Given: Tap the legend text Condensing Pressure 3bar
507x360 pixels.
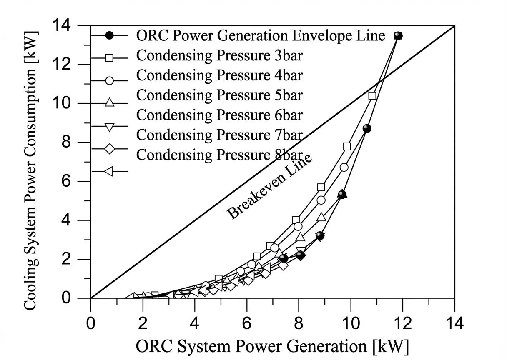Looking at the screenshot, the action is point(220,55).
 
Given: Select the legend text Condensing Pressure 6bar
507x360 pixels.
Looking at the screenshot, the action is point(220,115).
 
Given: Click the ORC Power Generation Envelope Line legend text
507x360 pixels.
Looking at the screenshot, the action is point(261,35).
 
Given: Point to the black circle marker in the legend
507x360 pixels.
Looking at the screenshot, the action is point(109,35).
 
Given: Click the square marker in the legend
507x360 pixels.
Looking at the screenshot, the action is point(109,58).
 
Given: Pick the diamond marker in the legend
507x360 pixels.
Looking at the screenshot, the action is point(109,149).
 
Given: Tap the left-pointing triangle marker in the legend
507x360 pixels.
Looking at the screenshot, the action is point(109,171).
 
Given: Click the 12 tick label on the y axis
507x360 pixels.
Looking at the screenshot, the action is point(62,65).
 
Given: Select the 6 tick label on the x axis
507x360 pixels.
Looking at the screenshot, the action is point(247,324).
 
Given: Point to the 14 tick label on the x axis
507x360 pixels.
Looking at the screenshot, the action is point(454,324).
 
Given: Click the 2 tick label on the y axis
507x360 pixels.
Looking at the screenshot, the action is point(66,259).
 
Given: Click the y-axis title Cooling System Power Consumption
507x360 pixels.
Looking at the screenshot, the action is point(30,170).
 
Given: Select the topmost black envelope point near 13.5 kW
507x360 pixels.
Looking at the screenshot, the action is point(398,36).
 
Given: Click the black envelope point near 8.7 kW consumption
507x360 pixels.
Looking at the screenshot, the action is point(366,128).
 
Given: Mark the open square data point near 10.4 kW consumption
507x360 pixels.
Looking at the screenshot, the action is point(372,96).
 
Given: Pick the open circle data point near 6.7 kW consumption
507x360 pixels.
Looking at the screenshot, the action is point(344,167).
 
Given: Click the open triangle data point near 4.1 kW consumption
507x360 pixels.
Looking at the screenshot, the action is point(321,217).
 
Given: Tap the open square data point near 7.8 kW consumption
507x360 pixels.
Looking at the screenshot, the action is point(347,147).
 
